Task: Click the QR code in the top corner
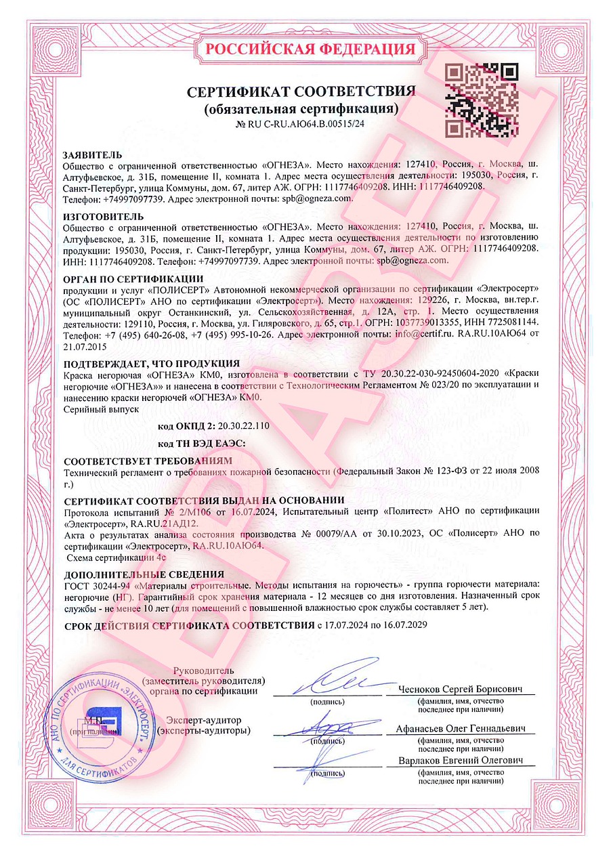tap(478, 98)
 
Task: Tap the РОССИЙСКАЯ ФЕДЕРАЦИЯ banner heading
tap(310, 49)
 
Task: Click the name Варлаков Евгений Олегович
tap(461, 761)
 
